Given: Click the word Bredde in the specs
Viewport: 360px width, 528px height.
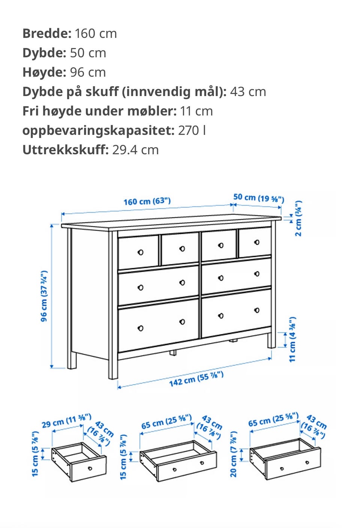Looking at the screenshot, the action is (47, 33).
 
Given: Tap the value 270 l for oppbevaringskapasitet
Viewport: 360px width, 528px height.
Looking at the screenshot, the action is (192, 130).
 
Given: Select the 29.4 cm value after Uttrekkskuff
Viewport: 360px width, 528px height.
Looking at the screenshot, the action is (135, 150).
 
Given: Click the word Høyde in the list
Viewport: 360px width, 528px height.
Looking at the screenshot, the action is (44, 72).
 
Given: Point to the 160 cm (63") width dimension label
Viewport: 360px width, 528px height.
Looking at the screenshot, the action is (147, 202).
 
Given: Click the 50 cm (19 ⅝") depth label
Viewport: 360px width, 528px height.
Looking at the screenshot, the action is (259, 198).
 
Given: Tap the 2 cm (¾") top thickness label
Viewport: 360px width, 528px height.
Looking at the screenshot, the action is (298, 218).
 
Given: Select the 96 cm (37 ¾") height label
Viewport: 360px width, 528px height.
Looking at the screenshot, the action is (44, 296).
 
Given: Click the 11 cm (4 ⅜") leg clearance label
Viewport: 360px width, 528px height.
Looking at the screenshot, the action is (292, 340).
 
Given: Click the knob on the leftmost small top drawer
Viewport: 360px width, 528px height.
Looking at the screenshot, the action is (140, 253).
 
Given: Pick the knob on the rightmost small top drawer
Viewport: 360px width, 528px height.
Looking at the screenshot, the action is (257, 242).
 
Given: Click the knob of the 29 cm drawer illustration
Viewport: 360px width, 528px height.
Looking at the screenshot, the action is (90, 468).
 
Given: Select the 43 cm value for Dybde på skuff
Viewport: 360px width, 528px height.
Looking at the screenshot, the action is (248, 92).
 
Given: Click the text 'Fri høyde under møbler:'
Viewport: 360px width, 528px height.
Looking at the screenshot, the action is (99, 111).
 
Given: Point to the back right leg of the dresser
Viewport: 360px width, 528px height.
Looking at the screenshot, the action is (271, 341).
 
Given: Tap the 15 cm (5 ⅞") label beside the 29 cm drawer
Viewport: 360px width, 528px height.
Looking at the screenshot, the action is (35, 454).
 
